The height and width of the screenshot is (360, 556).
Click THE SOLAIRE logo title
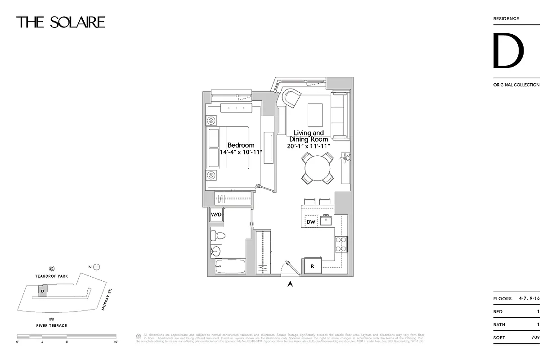(x=61, y=22)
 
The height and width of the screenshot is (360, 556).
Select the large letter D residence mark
(x=508, y=51)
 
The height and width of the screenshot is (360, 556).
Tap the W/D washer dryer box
(x=216, y=215)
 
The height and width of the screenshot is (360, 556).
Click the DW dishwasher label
(x=311, y=222)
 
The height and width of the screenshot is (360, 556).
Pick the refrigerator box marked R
(x=312, y=265)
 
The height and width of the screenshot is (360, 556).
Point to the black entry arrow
(x=291, y=283)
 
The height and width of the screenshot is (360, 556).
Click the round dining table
(x=318, y=168)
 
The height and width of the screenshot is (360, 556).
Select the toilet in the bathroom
(x=219, y=236)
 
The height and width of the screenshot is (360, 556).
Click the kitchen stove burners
(x=341, y=244)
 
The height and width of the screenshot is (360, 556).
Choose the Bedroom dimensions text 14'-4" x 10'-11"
(x=241, y=153)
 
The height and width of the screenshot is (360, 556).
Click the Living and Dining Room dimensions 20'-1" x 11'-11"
(x=309, y=146)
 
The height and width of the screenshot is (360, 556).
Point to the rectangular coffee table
(x=315, y=115)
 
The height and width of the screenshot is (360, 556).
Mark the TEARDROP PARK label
(x=52, y=276)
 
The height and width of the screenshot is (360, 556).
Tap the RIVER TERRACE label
(x=52, y=325)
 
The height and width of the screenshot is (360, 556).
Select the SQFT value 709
(x=535, y=337)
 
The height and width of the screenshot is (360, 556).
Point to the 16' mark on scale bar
(x=115, y=342)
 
